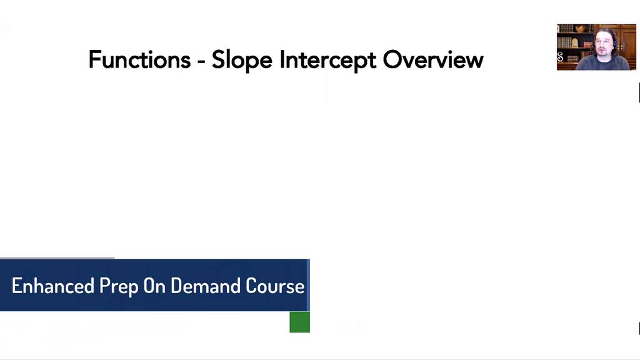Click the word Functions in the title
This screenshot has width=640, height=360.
click(139, 60)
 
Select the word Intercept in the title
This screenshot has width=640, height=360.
click(328, 61)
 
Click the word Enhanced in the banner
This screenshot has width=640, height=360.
click(53, 286)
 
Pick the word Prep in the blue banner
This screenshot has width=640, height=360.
click(119, 286)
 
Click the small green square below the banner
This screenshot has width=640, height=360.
click(299, 322)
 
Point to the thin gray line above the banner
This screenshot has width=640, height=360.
click(57, 257)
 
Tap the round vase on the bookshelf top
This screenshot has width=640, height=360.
click(581, 28)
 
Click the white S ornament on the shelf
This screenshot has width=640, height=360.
click(560, 57)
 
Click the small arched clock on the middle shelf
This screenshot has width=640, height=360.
click(575, 42)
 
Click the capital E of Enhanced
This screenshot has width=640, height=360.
click(17, 286)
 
